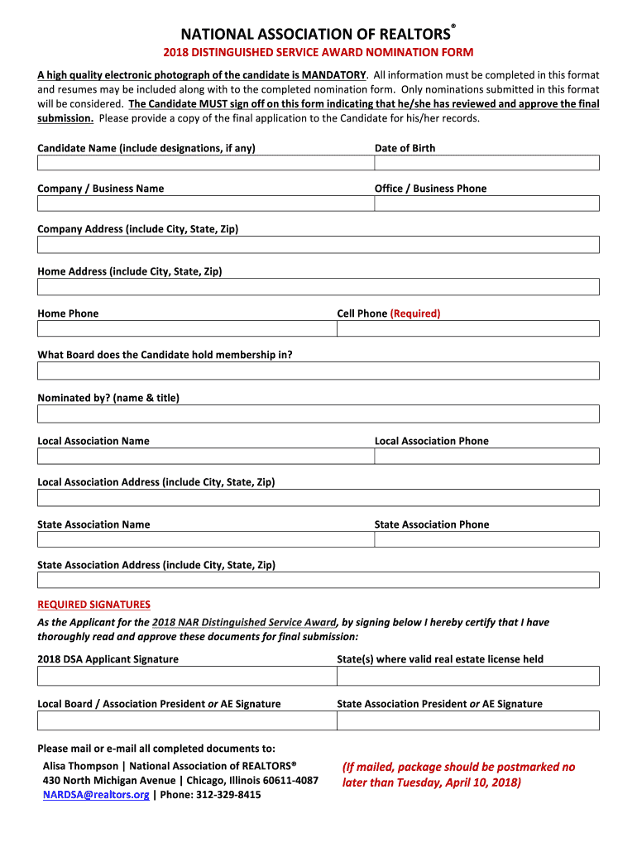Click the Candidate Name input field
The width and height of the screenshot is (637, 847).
pyautogui.click(x=205, y=163)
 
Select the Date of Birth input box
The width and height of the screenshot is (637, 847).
pyautogui.click(x=486, y=163)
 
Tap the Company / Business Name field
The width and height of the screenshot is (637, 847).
pyautogui.click(x=205, y=203)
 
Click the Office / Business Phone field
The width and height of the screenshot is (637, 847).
pyautogui.click(x=486, y=203)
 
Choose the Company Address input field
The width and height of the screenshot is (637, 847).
pyautogui.click(x=318, y=245)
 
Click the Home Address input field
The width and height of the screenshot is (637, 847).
pyautogui.click(x=318, y=287)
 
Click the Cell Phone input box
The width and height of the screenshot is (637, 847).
pyautogui.click(x=467, y=328)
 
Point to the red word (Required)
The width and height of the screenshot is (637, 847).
pyautogui.click(x=415, y=313)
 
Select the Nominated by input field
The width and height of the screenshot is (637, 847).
pyautogui.click(x=318, y=414)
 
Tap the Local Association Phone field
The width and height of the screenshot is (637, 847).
pyautogui.click(x=486, y=456)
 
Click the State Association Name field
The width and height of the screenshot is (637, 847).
pyautogui.click(x=205, y=539)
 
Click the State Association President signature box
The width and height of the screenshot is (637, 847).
pyautogui.click(x=467, y=720)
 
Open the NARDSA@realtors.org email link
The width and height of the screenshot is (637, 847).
pyautogui.click(x=96, y=795)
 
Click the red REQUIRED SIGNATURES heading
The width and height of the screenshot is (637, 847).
pyautogui.click(x=93, y=605)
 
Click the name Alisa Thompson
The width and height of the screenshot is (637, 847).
pyautogui.click(x=80, y=766)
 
